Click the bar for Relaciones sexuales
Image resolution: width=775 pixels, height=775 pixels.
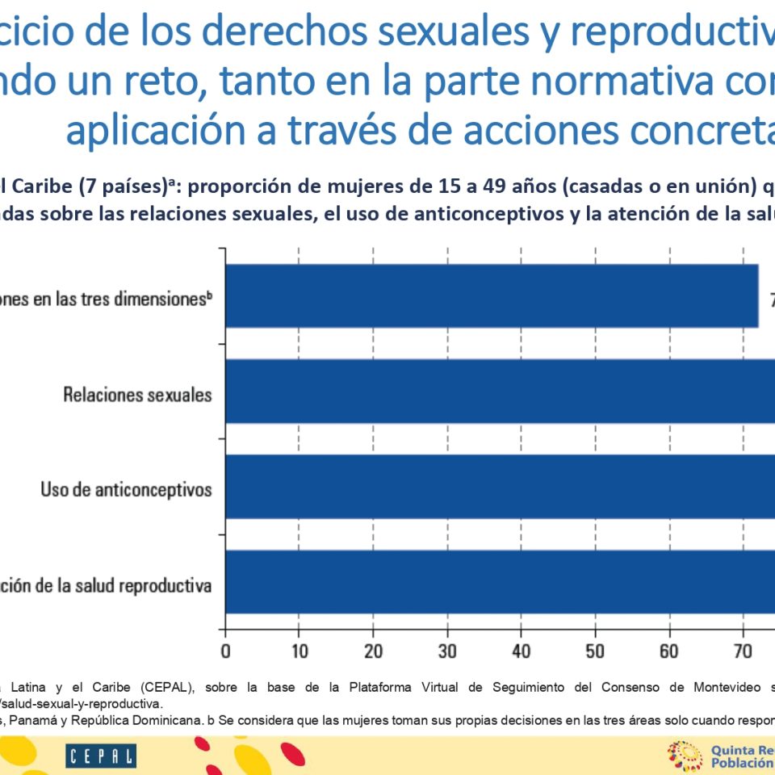click(x=501, y=391)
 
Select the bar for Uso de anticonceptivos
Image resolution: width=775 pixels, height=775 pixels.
click(x=501, y=487)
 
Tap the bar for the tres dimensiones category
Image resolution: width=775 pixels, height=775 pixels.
click(x=492, y=295)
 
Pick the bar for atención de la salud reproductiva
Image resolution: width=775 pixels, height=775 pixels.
click(x=501, y=582)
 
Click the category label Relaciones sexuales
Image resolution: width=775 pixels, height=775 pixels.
click(x=137, y=395)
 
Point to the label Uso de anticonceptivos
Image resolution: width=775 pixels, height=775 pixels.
click(x=126, y=490)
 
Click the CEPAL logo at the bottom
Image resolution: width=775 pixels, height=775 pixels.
click(x=101, y=756)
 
